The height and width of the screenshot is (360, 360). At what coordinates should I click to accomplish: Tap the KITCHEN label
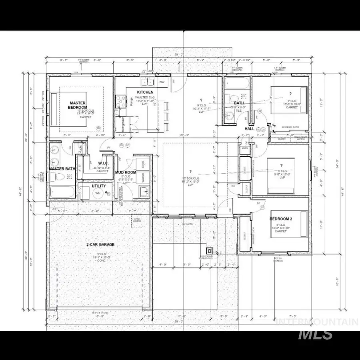145,92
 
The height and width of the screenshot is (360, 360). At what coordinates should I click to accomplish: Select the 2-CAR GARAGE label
100,244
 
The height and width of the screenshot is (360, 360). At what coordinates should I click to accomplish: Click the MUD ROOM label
125,172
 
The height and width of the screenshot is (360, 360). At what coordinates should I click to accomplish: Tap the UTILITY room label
98,186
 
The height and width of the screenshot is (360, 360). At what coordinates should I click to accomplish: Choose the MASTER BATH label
62,169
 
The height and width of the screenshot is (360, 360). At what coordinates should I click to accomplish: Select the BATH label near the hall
239,103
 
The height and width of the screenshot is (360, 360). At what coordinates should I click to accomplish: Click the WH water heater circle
98,193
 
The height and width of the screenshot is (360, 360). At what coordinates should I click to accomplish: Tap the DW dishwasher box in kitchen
162,82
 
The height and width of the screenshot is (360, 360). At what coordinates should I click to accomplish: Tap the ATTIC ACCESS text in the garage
137,219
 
